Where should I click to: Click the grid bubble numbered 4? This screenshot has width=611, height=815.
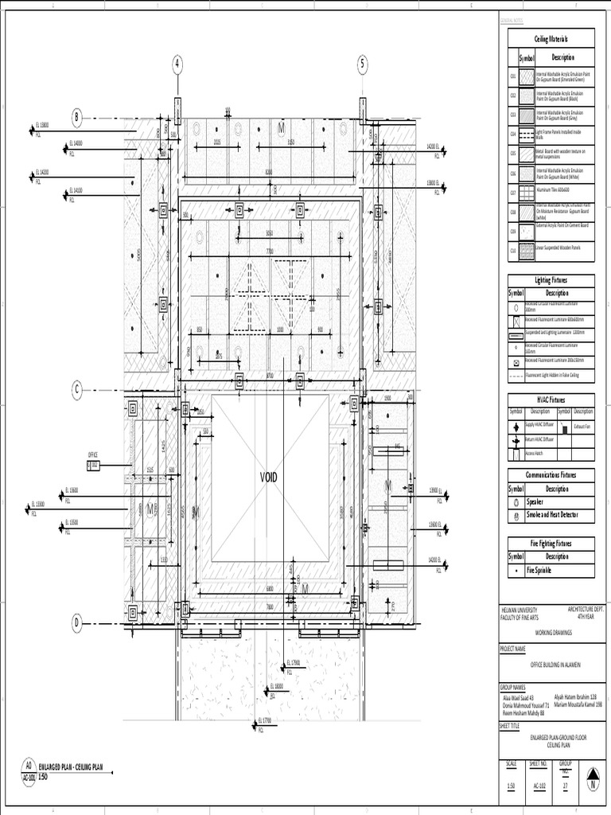pyautogui.click(x=177, y=64)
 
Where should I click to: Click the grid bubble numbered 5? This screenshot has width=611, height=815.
pyautogui.click(x=363, y=64)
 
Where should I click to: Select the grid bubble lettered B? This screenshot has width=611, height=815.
pyautogui.click(x=77, y=118)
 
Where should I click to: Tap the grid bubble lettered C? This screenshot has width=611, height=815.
pyautogui.click(x=77, y=389)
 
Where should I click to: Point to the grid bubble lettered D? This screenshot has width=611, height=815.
pyautogui.click(x=77, y=623)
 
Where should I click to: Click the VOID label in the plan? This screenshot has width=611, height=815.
pyautogui.click(x=270, y=478)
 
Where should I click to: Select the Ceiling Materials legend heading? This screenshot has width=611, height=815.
pyautogui.click(x=551, y=38)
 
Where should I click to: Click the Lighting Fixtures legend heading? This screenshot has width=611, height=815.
pyautogui.click(x=551, y=281)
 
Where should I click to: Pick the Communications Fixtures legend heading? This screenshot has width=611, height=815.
pyautogui.click(x=551, y=475)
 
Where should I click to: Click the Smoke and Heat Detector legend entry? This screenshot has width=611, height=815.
pyautogui.click(x=554, y=517)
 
